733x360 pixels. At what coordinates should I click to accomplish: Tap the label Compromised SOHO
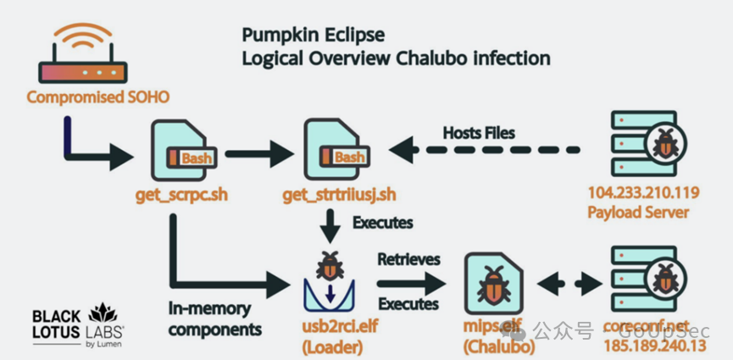click(98, 97)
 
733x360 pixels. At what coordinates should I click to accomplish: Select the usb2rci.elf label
click(330, 327)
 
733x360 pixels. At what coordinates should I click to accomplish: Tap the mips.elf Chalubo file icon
click(496, 284)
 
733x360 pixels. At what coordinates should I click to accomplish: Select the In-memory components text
click(214, 318)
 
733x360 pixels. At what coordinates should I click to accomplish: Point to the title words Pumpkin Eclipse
click(313, 36)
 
